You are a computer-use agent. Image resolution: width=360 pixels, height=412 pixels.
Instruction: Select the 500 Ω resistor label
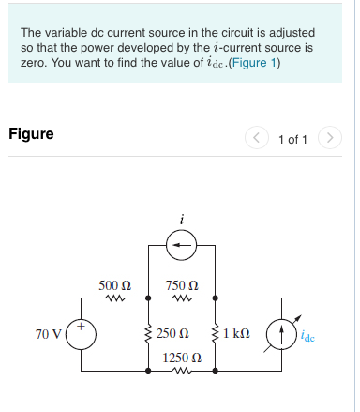[x=114, y=284]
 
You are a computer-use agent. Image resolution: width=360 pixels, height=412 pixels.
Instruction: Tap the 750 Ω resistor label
[x=181, y=284]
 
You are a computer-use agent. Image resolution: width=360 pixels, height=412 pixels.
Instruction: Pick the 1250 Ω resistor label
[x=181, y=359]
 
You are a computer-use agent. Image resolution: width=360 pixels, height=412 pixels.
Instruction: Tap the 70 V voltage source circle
[x=81, y=334]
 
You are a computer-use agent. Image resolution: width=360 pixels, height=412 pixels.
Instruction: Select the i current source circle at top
[x=182, y=247]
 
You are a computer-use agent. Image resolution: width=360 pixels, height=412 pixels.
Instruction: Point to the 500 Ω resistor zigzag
[x=114, y=300]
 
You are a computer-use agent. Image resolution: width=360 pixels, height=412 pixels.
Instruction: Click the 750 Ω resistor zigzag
[x=182, y=300]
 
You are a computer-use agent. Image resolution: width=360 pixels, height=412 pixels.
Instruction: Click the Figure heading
[x=31, y=133]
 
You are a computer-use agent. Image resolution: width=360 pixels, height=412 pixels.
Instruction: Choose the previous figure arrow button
[x=257, y=139]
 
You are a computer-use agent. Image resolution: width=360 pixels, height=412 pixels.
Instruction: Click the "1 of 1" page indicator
[x=292, y=139]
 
